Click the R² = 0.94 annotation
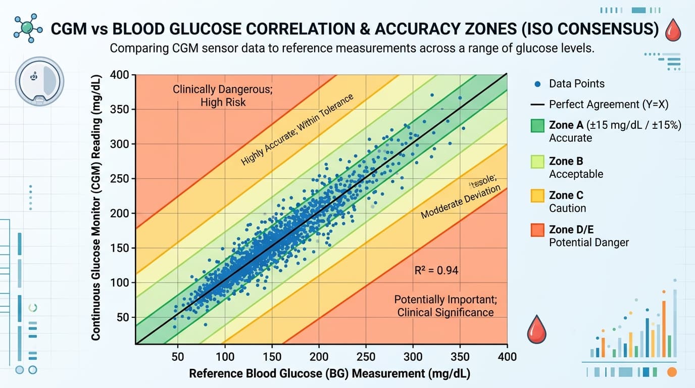point(436,270)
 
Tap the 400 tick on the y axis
point(123,75)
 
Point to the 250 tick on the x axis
point(366,357)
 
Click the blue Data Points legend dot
point(537,84)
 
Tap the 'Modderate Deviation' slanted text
point(461,203)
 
